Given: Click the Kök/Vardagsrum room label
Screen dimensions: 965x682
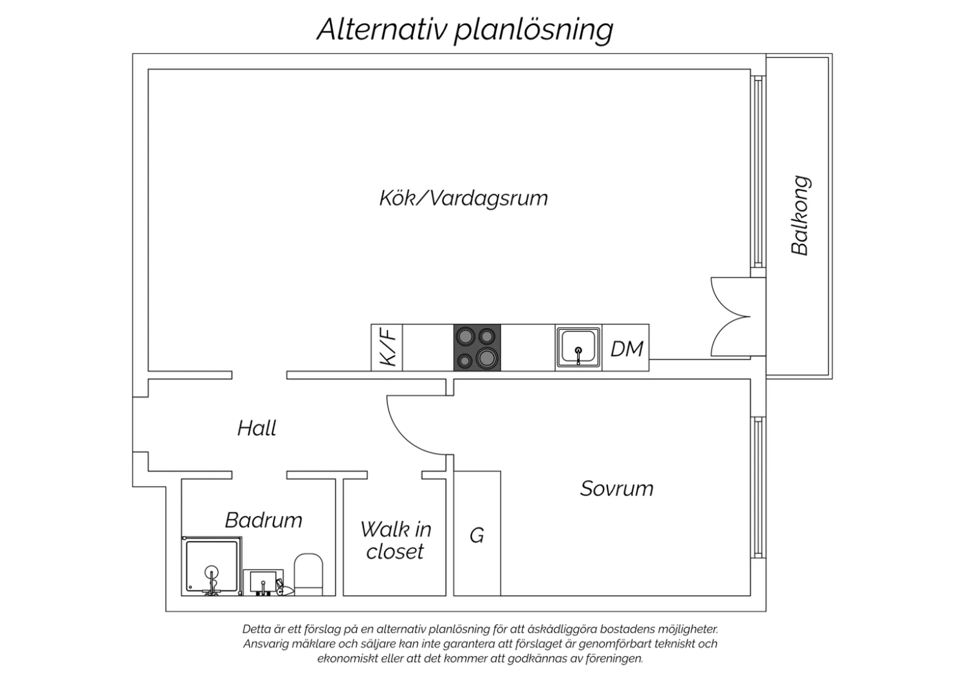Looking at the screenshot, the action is coord(464,199).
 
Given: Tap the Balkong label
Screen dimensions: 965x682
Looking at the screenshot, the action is coord(800,216).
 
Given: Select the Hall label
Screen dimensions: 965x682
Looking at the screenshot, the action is coord(257,429).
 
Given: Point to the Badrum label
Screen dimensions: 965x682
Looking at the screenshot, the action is coord(264,520).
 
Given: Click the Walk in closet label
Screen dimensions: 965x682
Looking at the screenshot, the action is coord(396,540).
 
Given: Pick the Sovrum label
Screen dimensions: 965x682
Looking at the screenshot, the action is coord(616,488).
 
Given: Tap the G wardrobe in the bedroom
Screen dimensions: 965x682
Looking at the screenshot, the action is coord(477,533).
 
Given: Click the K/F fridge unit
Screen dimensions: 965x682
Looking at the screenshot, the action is coord(387,347).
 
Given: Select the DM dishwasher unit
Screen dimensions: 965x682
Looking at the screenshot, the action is coord(625,347).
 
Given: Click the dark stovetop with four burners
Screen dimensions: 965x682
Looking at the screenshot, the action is coord(477,347).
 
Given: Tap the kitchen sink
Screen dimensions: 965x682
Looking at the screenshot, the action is coord(578,347).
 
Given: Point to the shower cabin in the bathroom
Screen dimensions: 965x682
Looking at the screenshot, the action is coord(212,566).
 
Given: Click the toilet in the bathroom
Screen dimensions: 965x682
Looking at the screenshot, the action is coord(308,575).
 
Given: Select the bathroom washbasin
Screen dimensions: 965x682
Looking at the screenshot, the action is coord(263,582).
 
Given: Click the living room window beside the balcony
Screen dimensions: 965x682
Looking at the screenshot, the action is coord(758,172).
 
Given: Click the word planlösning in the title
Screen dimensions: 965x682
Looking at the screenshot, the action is coord(534,30).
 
